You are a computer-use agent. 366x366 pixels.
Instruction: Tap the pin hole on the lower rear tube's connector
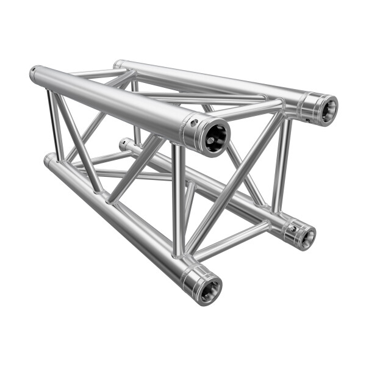coord(292,229)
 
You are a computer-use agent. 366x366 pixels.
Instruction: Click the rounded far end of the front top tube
coord(35,74)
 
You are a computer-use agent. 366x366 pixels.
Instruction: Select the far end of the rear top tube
coord(118,65)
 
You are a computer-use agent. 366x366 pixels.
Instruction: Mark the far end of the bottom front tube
coord(49,160)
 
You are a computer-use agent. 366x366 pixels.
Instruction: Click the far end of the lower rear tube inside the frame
coord(124,145)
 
